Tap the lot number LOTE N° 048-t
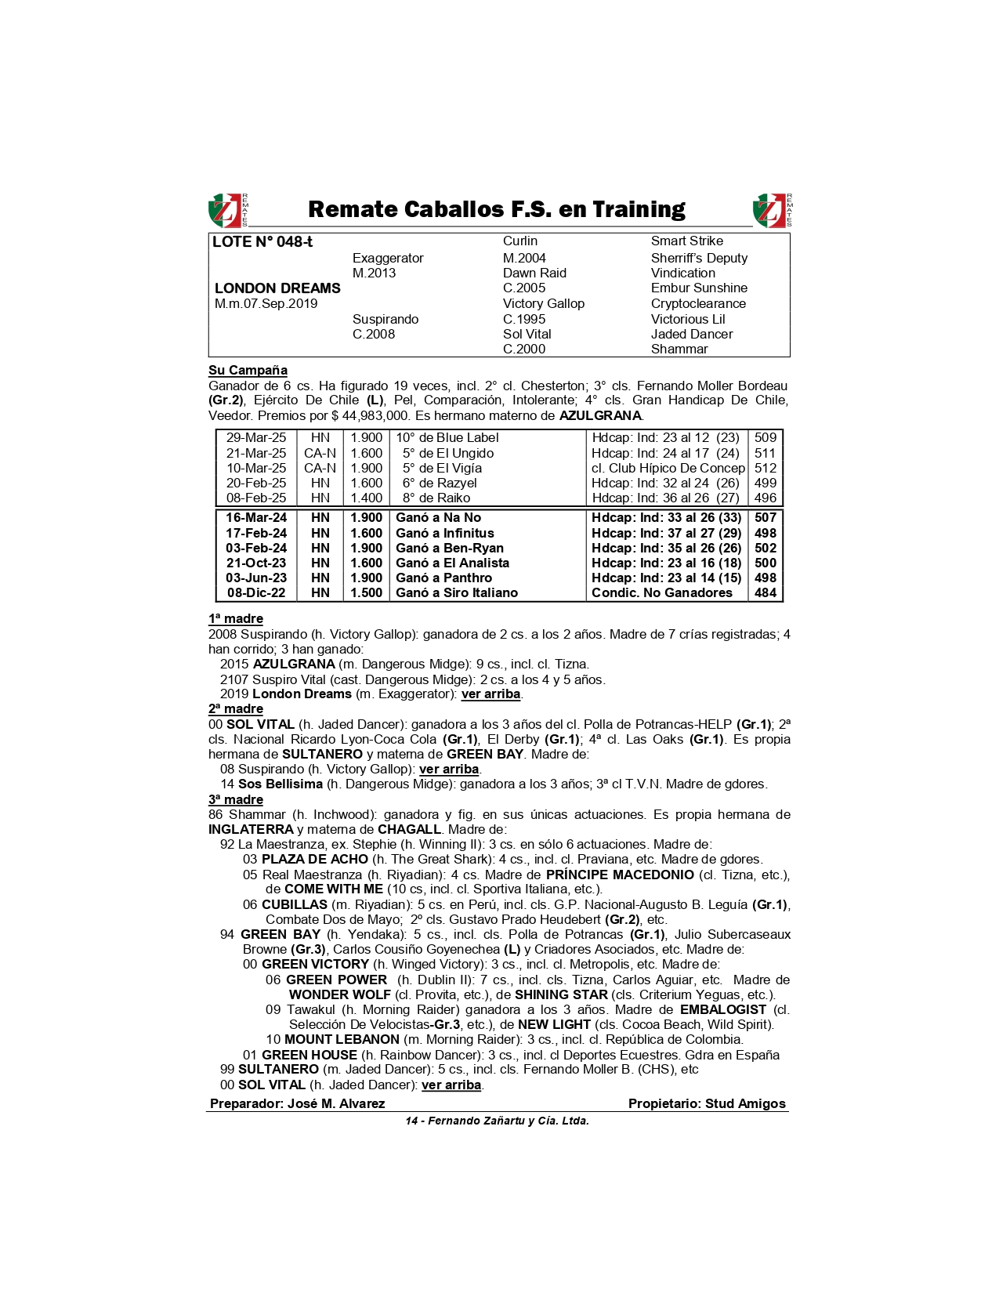coord(262,242)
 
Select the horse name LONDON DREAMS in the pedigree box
coord(277,288)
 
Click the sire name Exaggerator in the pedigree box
coord(388,258)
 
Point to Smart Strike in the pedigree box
coord(686,241)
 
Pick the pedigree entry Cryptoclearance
coord(698,303)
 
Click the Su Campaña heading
coord(248,370)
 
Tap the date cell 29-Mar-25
coord(256,438)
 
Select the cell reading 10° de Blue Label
coord(447,438)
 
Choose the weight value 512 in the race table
coord(765,468)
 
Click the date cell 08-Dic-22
coord(256,592)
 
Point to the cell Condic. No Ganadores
coord(661,592)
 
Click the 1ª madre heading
coord(235,618)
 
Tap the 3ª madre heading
coord(235,799)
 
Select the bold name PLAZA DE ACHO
coord(314,859)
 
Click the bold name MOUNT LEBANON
coord(342,1039)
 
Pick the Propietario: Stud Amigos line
coord(706,1103)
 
